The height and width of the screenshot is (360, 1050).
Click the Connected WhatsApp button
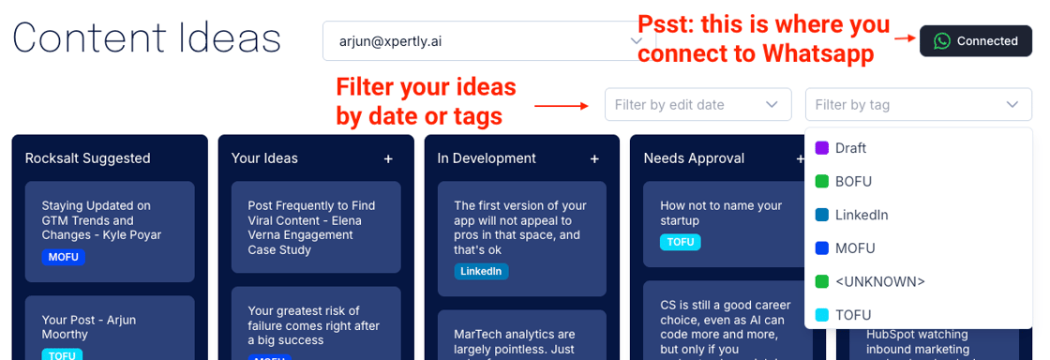click(x=976, y=41)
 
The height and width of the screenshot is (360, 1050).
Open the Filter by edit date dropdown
click(x=697, y=105)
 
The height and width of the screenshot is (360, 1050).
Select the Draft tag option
click(x=850, y=148)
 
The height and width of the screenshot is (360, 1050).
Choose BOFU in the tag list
click(x=853, y=181)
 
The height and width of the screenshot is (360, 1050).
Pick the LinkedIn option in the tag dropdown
click(x=862, y=215)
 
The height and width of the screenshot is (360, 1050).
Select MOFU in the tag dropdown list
click(x=855, y=248)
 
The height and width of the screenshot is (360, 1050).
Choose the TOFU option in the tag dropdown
click(x=853, y=315)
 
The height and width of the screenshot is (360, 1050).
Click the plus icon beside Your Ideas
click(x=388, y=158)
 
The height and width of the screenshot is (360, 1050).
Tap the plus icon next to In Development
click(x=594, y=158)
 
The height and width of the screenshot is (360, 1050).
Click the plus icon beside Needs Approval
click(x=801, y=158)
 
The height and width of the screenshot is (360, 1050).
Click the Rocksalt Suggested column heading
click(x=88, y=158)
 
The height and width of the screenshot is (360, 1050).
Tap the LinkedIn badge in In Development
click(x=481, y=272)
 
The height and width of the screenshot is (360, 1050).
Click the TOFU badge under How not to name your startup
click(x=680, y=242)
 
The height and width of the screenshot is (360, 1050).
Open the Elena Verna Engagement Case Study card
click(x=310, y=227)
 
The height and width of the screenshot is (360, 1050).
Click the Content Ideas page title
click(x=147, y=39)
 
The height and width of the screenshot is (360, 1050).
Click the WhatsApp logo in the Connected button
click(x=942, y=41)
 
